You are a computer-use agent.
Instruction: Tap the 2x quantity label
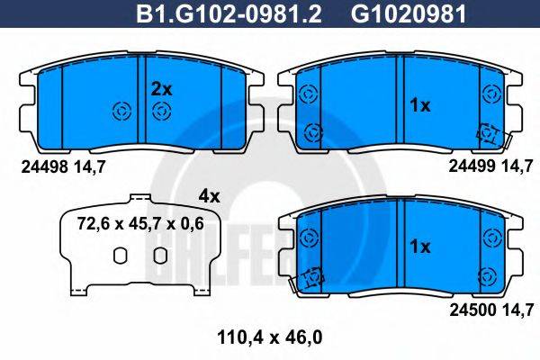click(161, 88)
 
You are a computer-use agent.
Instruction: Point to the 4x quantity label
click(208, 194)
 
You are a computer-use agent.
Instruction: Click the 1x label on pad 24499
click(419, 105)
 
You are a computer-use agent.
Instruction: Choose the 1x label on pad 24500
click(419, 246)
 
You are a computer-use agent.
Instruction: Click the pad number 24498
click(43, 165)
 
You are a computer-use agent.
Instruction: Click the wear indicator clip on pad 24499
click(490, 134)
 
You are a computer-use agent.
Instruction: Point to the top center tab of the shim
click(139, 196)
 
